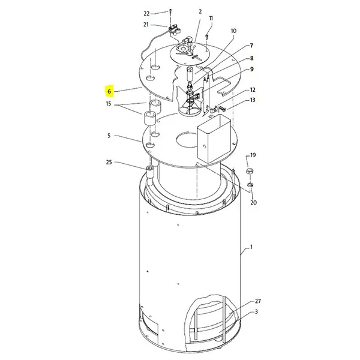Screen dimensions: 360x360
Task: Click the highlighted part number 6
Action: [x=109, y=91]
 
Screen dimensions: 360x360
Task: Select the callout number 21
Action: [x=146, y=25]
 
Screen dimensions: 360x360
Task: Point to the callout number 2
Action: [x=200, y=11]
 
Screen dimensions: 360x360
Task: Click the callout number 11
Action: [x=211, y=19]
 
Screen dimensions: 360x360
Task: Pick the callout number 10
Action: [x=233, y=31]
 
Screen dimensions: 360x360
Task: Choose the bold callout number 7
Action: [x=251, y=46]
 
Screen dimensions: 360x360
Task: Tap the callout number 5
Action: [x=109, y=136]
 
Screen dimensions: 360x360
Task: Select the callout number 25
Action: [x=109, y=163]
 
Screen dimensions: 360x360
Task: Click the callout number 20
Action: [x=253, y=203]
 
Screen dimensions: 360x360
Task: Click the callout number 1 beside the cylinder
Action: [x=251, y=247]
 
